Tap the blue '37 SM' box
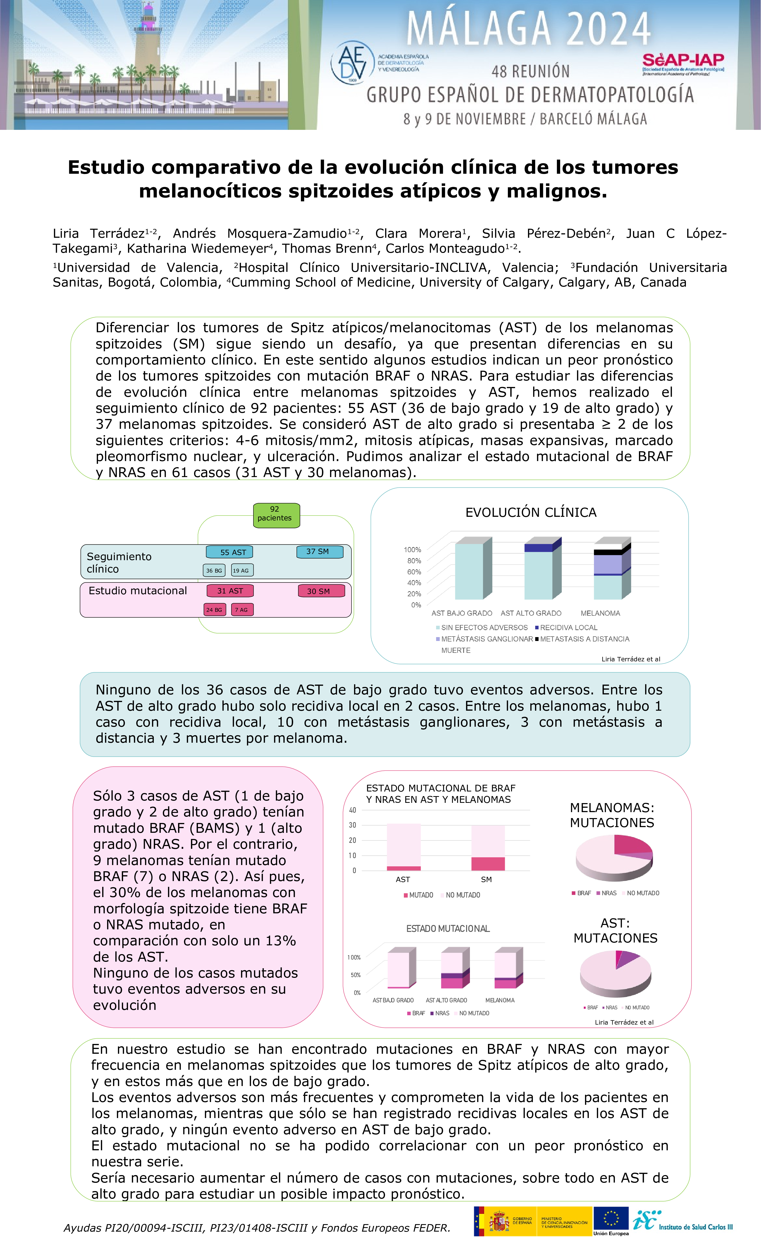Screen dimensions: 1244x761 coord(319,551)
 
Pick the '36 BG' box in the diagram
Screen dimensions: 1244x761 coord(214,571)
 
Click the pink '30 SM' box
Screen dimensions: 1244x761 coord(322,591)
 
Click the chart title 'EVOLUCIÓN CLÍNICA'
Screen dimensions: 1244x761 coord(530,512)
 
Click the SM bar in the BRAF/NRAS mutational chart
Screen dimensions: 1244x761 coord(487,848)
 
